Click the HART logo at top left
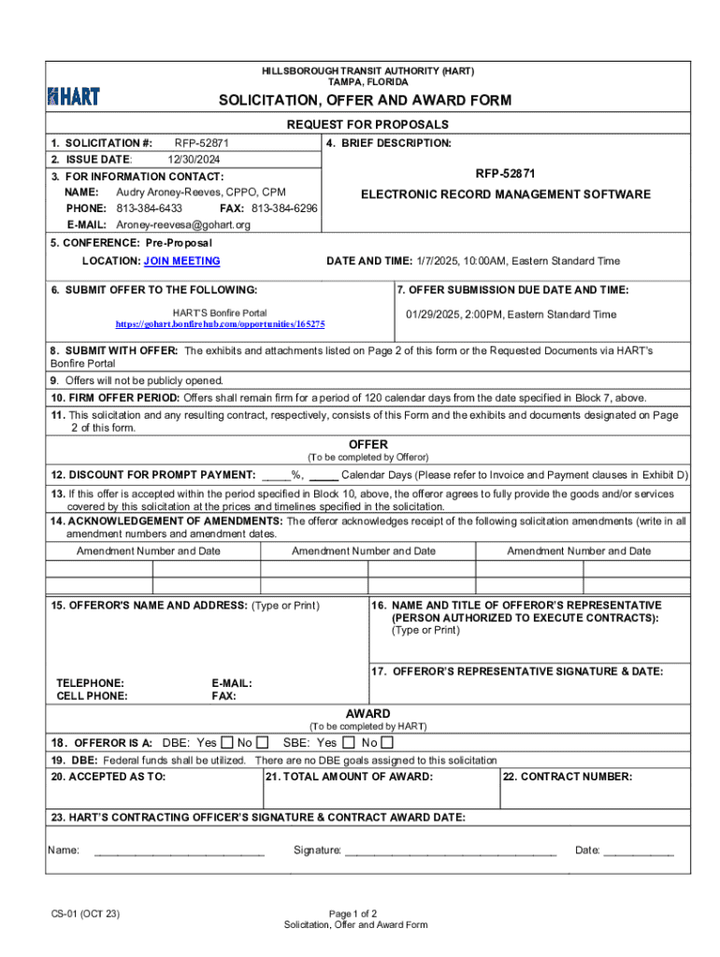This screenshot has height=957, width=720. click(73, 95)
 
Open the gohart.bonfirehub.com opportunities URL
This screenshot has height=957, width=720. click(220, 323)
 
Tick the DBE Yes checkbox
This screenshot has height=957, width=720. click(227, 743)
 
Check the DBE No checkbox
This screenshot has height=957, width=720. click(264, 743)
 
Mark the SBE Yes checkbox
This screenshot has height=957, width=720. click(348, 743)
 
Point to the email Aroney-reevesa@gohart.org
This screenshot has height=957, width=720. click(183, 225)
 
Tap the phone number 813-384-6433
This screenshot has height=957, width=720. click(149, 208)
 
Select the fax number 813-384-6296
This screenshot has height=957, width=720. click(284, 208)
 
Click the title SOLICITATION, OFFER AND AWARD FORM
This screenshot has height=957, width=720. click(365, 100)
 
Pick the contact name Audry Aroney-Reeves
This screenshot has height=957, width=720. click(174, 192)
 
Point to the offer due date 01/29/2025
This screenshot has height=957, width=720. click(434, 315)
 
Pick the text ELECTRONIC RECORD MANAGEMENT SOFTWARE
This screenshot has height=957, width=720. click(505, 194)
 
